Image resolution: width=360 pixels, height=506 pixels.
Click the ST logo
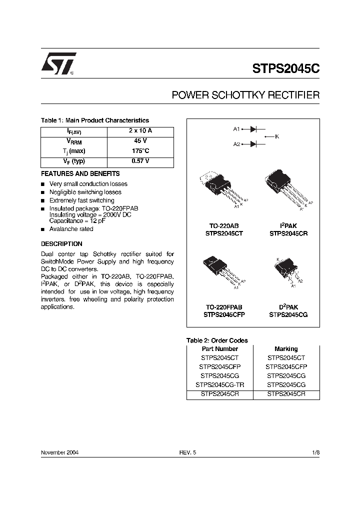(x=58, y=64)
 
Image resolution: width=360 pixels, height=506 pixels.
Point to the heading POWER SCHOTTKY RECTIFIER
(x=245, y=94)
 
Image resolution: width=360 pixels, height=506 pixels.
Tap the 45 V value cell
(x=140, y=141)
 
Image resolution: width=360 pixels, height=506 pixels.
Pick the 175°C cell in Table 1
(x=140, y=151)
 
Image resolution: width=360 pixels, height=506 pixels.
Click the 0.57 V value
(x=140, y=161)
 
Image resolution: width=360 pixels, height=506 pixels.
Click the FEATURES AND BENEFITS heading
(x=80, y=174)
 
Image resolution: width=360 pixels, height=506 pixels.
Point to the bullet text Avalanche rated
(x=71, y=229)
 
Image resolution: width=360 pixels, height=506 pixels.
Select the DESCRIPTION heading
(x=61, y=244)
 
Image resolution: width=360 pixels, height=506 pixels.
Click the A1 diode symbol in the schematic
(x=253, y=129)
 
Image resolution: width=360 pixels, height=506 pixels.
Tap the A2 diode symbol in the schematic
(x=253, y=144)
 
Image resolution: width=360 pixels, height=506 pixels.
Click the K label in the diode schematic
(x=277, y=136)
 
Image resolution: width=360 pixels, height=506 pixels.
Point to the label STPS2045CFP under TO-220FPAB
(x=224, y=315)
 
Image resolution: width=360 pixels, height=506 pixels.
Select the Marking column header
(x=286, y=349)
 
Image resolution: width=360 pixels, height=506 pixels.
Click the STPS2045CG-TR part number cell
(x=219, y=385)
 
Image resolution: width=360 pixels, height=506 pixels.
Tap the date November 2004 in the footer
(x=59, y=452)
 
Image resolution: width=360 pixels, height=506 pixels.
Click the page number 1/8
(x=315, y=452)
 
